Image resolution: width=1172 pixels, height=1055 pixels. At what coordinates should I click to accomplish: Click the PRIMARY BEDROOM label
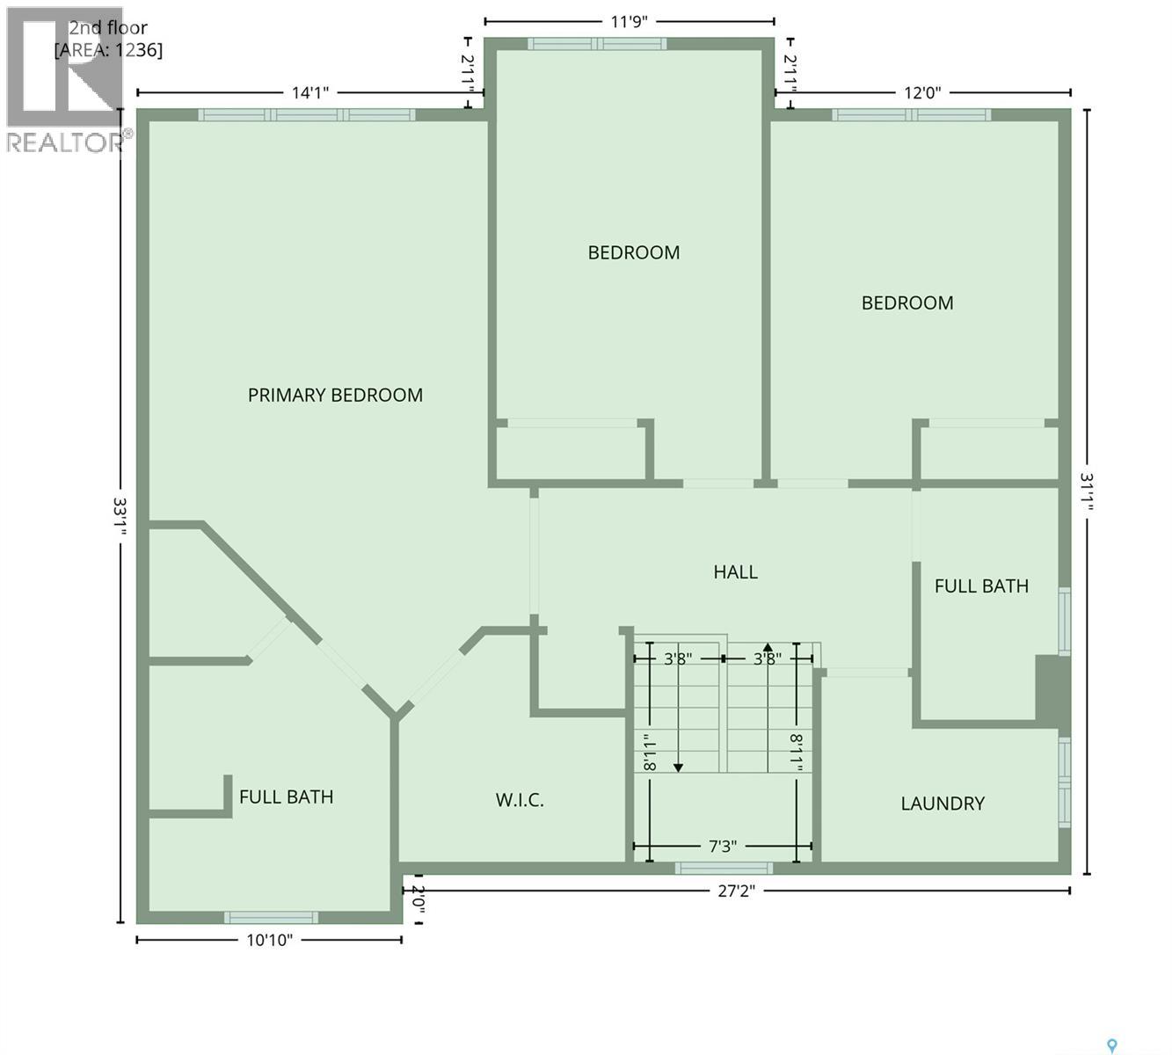[x=335, y=396]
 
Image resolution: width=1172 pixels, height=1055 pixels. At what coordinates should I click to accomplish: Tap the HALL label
[x=735, y=572]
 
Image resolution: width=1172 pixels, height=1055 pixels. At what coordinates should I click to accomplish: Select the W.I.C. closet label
[x=520, y=800]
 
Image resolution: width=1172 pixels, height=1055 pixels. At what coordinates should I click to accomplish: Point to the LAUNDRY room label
[x=943, y=804]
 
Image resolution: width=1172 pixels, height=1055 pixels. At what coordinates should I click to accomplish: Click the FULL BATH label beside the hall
[x=981, y=586]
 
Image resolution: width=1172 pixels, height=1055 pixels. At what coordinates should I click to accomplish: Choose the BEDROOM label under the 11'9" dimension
[x=633, y=253]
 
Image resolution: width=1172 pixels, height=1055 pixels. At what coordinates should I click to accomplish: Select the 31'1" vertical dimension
[x=1088, y=492]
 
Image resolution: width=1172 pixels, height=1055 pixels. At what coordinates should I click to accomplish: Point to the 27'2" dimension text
[x=737, y=891]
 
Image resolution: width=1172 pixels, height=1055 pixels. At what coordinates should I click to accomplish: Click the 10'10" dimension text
[x=269, y=941]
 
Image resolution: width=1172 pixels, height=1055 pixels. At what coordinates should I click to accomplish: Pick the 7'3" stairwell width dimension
[x=723, y=847]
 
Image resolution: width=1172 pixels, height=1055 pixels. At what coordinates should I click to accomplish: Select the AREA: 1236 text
[x=108, y=50]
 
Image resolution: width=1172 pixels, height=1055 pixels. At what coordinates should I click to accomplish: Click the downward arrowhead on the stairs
[x=679, y=768]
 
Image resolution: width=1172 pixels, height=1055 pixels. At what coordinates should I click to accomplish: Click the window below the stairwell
[x=724, y=869]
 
